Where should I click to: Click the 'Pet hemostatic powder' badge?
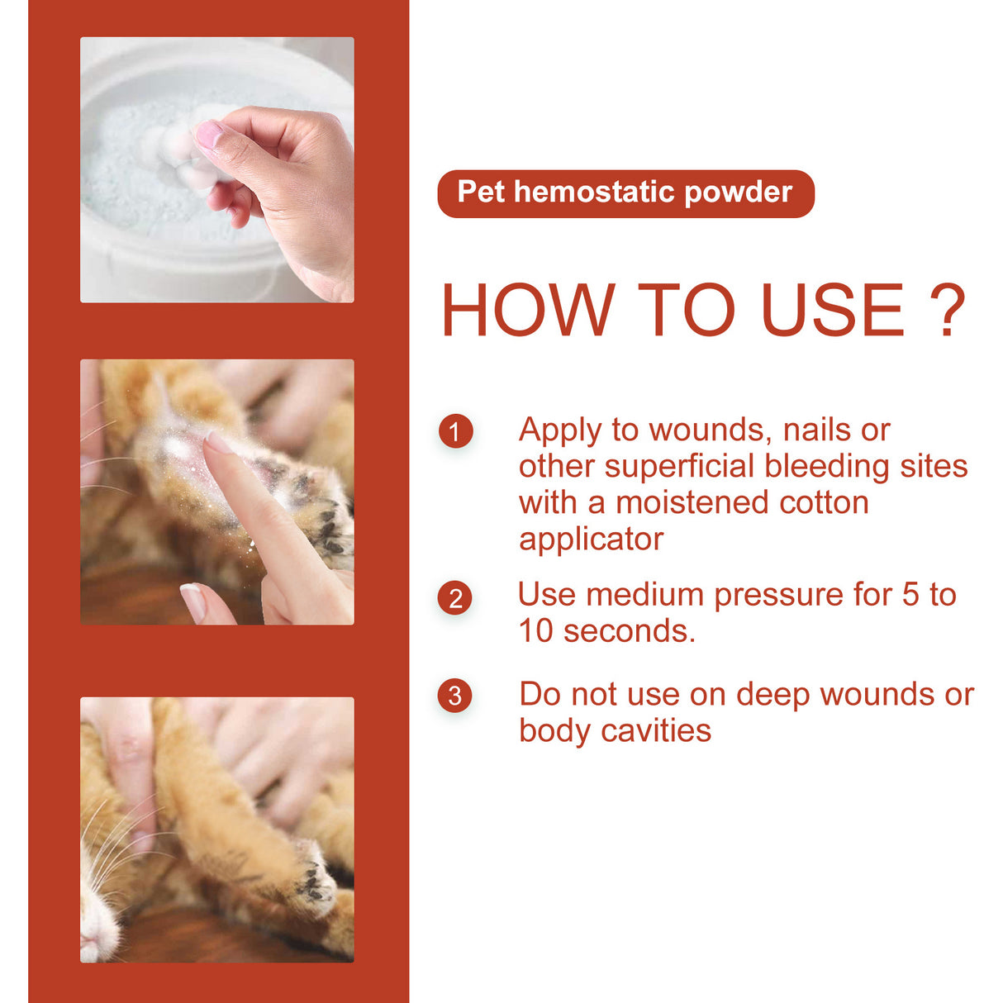click(625, 193)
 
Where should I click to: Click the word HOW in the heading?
click(528, 311)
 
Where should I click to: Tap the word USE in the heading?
click(832, 311)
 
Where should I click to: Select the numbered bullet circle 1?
click(455, 431)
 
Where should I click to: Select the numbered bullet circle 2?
click(455, 598)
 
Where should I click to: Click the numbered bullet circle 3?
click(455, 696)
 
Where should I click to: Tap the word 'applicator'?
click(591, 540)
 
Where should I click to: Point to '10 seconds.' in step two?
click(606, 631)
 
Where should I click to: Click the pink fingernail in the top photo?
click(208, 134)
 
